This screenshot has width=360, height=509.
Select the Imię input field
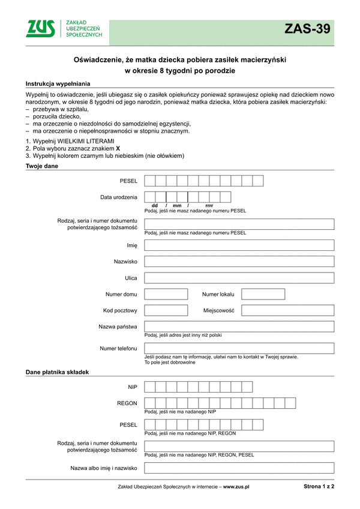[239, 245]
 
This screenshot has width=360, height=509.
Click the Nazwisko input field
[239, 262]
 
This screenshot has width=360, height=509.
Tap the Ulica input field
[239, 278]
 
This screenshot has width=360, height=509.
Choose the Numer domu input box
[166, 294]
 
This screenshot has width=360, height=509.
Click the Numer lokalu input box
[263, 294]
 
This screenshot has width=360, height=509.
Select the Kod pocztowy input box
[166, 310]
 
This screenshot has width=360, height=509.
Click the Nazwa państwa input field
[239, 327]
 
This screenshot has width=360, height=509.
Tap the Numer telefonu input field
[239, 348]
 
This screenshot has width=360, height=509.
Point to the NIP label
[133, 387]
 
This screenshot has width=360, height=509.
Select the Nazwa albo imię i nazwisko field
[239, 468]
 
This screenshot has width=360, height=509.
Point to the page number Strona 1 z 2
[319, 487]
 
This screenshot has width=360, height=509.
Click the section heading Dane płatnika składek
[57, 372]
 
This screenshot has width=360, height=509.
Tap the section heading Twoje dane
[42, 166]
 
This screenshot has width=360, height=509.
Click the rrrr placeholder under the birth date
[209, 206]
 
